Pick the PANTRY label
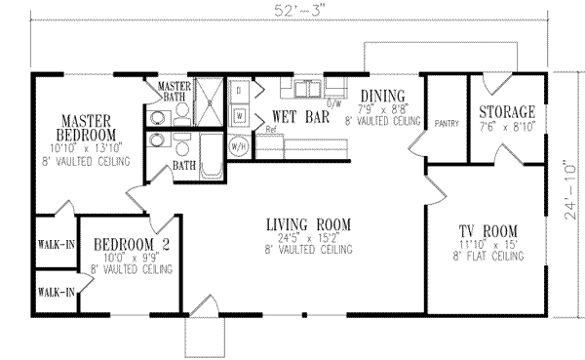[447, 124]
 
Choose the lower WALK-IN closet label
[57, 291]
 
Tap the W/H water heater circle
[238, 146]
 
